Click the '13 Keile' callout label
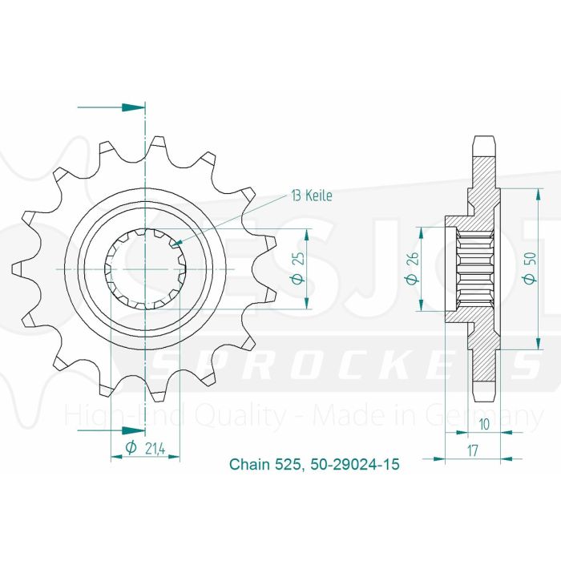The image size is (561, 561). click(x=309, y=195)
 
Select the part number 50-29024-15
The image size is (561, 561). click(x=353, y=464)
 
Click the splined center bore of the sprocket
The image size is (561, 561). click(x=145, y=271)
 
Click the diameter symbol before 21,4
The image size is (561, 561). click(x=131, y=449)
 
